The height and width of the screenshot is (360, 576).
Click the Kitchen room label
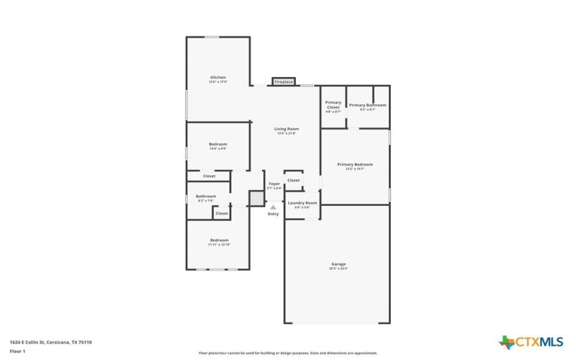218,78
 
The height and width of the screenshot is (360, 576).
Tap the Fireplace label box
284,82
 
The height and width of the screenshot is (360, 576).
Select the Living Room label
286,129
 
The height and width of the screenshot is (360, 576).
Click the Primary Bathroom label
368,105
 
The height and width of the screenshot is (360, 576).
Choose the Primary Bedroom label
355,164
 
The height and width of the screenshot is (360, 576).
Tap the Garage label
338,264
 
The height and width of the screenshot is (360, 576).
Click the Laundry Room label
302,203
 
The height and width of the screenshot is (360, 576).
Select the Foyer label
274,184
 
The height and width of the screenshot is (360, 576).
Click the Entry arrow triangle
273,207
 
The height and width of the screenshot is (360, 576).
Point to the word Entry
273,214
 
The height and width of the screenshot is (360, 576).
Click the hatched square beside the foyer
256,197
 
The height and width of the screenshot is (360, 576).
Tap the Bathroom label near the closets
206,197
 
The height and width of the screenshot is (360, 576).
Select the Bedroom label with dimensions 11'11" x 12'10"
219,240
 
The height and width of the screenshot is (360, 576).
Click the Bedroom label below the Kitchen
218,145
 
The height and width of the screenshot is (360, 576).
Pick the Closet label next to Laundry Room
294,180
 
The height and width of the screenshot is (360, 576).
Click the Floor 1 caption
17,351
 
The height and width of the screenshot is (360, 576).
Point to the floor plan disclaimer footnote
288,353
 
